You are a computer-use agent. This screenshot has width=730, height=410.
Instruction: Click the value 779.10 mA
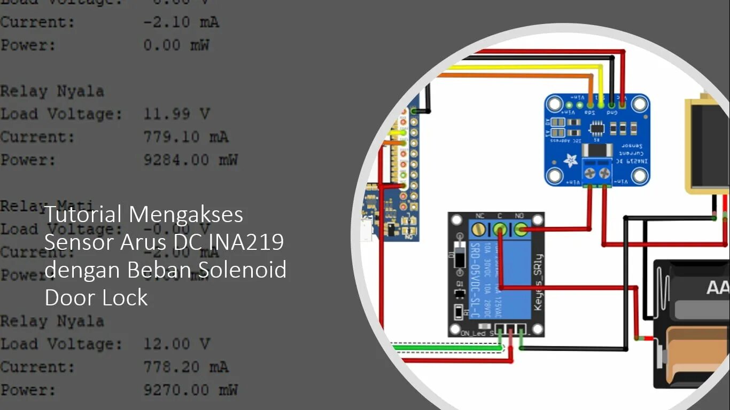(185, 137)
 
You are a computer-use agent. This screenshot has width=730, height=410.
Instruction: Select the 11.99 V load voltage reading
(176, 114)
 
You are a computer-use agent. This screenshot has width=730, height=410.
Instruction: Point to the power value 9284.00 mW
(190, 160)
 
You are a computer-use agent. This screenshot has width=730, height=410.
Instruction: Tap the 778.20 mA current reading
(185, 367)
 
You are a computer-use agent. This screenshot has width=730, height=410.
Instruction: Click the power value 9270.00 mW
(190, 390)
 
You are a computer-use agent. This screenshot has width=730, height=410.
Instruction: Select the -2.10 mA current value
(181, 22)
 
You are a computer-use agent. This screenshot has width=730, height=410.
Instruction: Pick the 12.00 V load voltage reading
(176, 344)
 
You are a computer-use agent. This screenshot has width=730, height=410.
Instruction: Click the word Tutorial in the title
(83, 215)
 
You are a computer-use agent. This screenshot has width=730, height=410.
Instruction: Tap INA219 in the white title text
(248, 242)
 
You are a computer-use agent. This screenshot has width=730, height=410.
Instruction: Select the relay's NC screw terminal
(479, 230)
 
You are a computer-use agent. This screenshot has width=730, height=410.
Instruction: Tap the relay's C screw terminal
(500, 230)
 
